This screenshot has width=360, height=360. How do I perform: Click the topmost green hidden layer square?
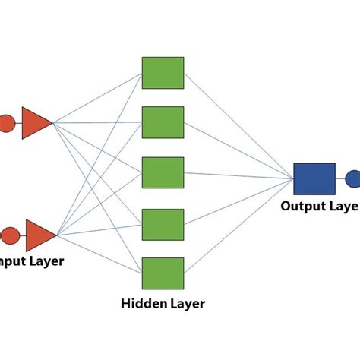tap(163, 72)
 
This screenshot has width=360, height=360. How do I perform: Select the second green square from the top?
tap(163, 122)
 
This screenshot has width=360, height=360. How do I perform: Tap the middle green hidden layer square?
tap(163, 172)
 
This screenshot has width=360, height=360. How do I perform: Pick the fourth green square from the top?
tap(163, 223)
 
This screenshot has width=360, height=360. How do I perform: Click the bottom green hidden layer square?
tap(163, 273)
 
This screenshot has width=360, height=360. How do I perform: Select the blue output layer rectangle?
tap(313, 179)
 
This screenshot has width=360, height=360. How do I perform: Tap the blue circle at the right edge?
tap(353, 179)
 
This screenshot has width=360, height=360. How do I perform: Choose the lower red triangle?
tap(40, 235)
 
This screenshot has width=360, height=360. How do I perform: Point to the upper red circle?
tap(5, 122)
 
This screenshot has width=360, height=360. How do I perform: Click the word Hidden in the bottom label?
tap(144, 305)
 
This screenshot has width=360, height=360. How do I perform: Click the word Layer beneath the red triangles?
tap(45, 261)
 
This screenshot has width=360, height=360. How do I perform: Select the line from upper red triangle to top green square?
tap(97, 97)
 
